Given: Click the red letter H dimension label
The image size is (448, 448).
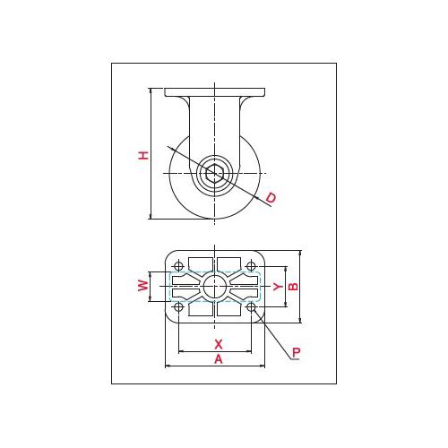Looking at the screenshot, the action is (143, 155).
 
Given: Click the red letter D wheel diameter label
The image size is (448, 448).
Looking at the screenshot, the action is (271, 198).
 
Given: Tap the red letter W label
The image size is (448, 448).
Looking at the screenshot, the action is (143, 286).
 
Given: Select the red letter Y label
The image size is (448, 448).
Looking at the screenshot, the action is (278, 287).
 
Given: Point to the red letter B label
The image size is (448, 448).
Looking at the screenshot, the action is (294, 287).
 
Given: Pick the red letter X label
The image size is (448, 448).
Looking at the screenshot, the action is (219, 344).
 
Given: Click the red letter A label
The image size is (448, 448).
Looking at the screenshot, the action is (219, 359).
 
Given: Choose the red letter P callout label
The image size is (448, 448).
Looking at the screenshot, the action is (296, 352).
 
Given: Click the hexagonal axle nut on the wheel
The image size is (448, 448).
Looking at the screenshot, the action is (214, 173).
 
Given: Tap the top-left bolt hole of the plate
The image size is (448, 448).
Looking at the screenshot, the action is (178, 265).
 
